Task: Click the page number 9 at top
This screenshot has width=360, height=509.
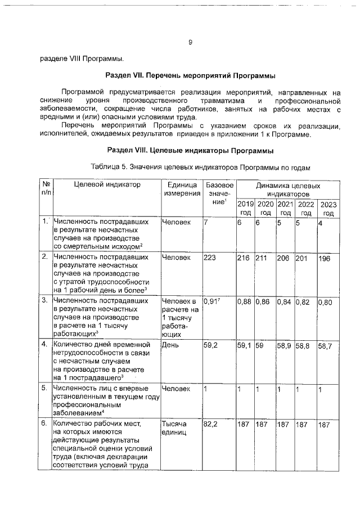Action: point(190,42)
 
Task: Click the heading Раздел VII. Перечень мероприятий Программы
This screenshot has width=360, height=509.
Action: point(191,75)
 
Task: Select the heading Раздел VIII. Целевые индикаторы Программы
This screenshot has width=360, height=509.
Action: point(190,151)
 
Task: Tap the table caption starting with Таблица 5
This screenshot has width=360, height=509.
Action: point(200,168)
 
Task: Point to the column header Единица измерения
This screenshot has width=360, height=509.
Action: point(182,189)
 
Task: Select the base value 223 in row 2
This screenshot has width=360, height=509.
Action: point(211,258)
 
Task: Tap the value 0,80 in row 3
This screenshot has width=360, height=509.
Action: point(326,303)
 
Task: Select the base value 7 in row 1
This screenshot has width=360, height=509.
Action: point(206,223)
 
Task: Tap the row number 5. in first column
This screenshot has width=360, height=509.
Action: point(44,388)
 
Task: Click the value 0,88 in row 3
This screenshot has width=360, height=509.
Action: point(245,301)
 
